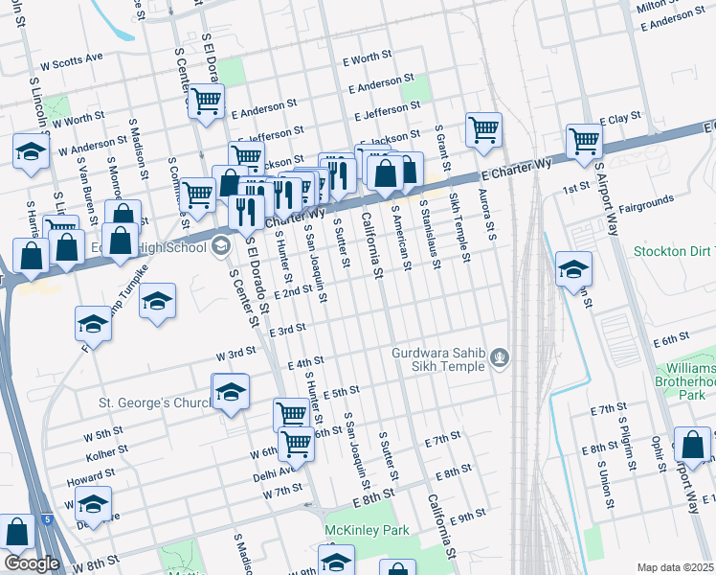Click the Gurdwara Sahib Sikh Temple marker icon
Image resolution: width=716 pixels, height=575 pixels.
(498, 359)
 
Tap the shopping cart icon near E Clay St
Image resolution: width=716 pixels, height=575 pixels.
(583, 142)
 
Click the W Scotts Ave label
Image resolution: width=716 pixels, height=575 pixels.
(65, 58)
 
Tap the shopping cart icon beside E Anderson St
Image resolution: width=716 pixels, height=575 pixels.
(206, 101)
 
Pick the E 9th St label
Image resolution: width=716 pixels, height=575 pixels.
(468, 516)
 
